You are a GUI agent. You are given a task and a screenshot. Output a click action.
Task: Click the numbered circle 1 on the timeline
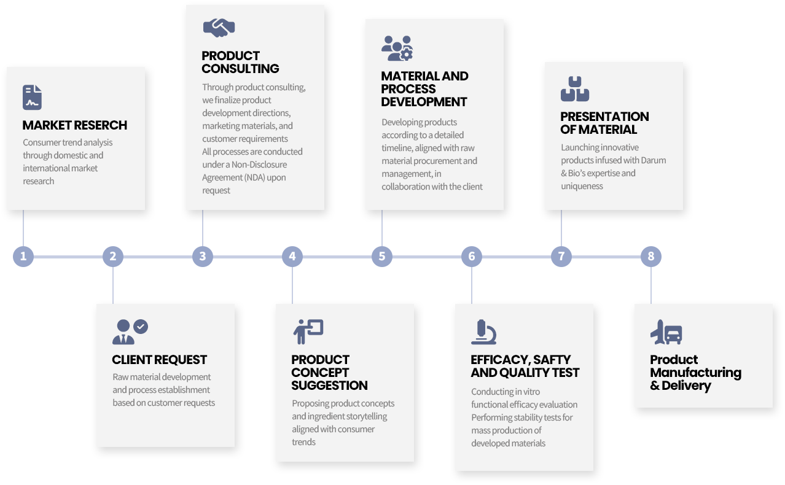click(x=23, y=256)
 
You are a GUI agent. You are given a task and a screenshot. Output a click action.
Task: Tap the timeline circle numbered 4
click(x=292, y=256)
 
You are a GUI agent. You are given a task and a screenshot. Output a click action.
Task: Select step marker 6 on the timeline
click(x=472, y=256)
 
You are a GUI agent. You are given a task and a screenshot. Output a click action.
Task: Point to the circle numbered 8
click(x=651, y=256)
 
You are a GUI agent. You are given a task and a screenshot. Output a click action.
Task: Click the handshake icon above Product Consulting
click(x=219, y=28)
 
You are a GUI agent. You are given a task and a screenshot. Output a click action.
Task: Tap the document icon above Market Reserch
click(x=32, y=98)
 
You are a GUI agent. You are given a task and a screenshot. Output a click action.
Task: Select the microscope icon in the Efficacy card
click(x=483, y=332)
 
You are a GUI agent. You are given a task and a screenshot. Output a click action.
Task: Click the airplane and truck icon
click(x=666, y=332)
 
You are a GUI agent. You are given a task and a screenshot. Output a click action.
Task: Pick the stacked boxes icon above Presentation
click(x=574, y=89)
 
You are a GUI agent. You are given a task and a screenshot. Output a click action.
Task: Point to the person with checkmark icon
click(x=130, y=332)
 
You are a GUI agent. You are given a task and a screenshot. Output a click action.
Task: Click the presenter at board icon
click(x=308, y=332)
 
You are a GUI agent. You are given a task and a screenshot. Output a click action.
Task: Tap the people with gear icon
click(x=397, y=48)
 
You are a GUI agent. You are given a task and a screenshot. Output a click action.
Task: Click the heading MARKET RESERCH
click(x=75, y=125)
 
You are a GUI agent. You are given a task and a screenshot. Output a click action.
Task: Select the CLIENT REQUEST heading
click(x=160, y=360)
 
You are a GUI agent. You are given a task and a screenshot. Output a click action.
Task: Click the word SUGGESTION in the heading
click(x=330, y=386)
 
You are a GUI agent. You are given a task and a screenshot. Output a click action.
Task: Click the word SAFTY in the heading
click(x=552, y=360)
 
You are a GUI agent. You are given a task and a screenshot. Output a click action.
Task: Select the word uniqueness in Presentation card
click(x=582, y=186)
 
